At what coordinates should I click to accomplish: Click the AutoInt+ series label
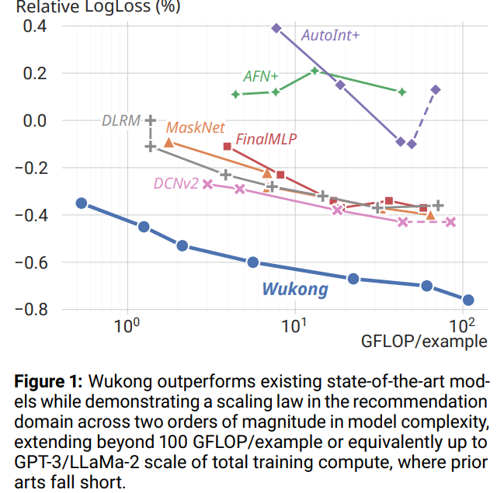[x=330, y=35]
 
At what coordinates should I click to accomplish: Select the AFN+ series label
[x=261, y=76]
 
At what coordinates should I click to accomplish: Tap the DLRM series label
[x=121, y=120]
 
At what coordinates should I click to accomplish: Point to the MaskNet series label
[x=195, y=127]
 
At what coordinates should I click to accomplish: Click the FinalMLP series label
[x=266, y=139]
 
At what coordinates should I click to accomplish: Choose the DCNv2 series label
[x=176, y=183]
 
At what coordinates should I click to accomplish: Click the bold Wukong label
[x=295, y=289]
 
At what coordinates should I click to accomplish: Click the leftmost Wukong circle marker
[x=82, y=203]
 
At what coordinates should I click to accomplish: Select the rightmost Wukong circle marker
[x=468, y=300]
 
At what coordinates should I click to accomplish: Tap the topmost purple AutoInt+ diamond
[x=276, y=28]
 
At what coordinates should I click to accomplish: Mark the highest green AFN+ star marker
[x=315, y=71]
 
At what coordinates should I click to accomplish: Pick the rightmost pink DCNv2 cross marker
[x=450, y=222]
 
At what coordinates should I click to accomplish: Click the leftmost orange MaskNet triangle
[x=169, y=143]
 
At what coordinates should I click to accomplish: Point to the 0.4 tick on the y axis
[x=35, y=26]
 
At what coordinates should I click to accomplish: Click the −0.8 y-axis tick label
[x=31, y=309]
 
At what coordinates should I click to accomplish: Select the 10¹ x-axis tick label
[x=294, y=325]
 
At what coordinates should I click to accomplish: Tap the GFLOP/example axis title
[x=424, y=342]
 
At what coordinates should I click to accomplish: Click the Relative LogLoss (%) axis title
[x=99, y=6]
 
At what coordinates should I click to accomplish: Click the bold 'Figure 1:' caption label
[x=48, y=381]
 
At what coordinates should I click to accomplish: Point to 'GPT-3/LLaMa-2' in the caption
[x=77, y=462]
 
